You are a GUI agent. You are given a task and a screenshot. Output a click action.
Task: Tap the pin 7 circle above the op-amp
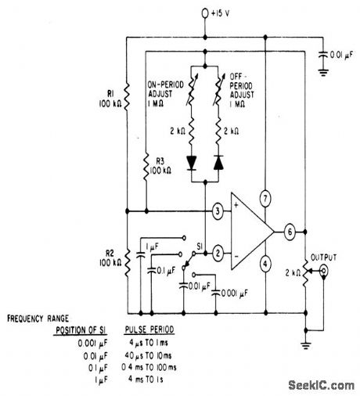(266, 198)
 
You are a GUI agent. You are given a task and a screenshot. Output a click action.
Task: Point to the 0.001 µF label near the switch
(239, 293)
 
